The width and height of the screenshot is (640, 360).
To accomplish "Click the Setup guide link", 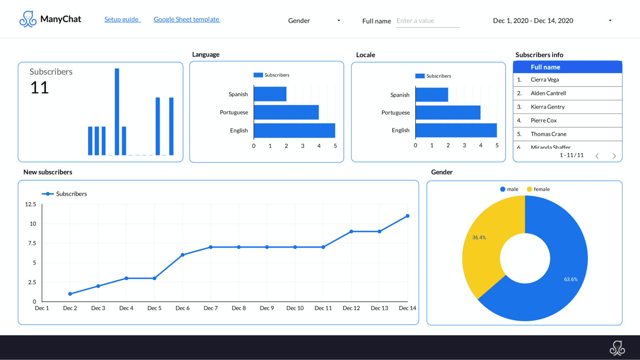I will tap(122, 19).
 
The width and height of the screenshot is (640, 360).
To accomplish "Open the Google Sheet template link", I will tap(186, 19).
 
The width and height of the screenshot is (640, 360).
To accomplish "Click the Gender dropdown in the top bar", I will tap(314, 20).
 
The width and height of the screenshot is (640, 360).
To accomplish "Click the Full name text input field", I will tap(427, 21).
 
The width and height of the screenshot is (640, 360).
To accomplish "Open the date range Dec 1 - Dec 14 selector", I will tap(552, 20).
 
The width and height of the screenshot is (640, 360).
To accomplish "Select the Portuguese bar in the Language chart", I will tap(286, 112).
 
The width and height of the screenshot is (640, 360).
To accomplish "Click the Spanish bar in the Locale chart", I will tap(432, 95).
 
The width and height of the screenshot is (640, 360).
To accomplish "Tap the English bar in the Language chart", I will tap(294, 130).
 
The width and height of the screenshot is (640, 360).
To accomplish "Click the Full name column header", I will tap(545, 67).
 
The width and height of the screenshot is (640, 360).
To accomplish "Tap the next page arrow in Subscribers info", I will tap(614, 156).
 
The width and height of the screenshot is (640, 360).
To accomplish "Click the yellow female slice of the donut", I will tap(483, 246).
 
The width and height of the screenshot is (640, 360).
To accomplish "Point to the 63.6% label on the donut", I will tap(570, 279).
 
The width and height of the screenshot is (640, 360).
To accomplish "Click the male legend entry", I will tap(509, 189).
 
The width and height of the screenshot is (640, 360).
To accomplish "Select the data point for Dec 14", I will tap(407, 216).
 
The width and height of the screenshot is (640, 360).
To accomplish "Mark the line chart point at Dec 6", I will tap(182, 255).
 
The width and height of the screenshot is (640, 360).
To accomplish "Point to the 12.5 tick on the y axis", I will tap(30, 204).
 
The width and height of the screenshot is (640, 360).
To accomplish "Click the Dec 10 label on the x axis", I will tap(295, 308).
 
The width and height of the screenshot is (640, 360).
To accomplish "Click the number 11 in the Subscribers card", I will tap(40, 87).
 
